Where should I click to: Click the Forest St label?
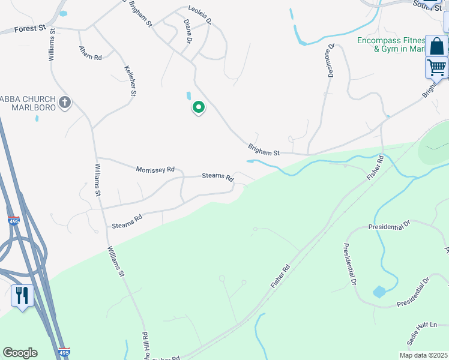click(30, 28)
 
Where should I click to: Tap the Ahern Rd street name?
click(91, 53)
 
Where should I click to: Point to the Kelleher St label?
click(130, 81)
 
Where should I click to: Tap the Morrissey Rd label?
click(155, 170)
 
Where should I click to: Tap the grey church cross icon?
click(65, 103)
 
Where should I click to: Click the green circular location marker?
click(198, 107)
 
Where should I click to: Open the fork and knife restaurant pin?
click(23, 295)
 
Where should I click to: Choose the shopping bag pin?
click(436, 46)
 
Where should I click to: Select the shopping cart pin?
click(436, 67)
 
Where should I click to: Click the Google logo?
click(20, 353)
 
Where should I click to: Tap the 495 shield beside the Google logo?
click(63, 352)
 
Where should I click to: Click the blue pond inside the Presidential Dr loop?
click(379, 292)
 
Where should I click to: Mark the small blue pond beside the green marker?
click(189, 95)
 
